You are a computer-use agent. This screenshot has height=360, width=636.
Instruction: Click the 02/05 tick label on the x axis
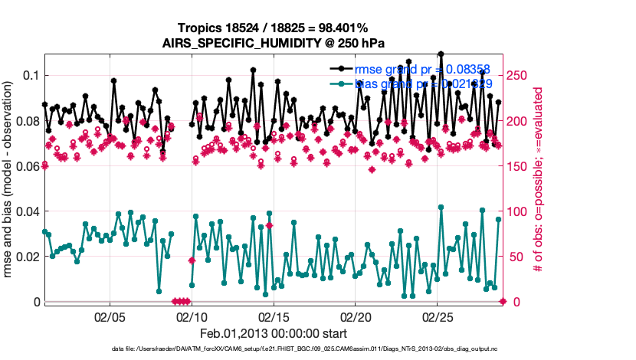coord(110,316)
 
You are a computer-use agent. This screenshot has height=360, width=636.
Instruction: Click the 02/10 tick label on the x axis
coord(192,316)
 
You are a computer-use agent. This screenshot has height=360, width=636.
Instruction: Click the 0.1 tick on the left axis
coord(28,75)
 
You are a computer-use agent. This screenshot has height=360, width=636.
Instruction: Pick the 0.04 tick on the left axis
coord(25,211)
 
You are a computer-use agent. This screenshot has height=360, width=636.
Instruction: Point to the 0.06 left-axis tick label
coord(25,166)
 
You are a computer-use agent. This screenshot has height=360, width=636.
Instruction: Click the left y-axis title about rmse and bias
coord(9,184)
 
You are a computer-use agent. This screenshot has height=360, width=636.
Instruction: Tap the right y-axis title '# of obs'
coord(538,184)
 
